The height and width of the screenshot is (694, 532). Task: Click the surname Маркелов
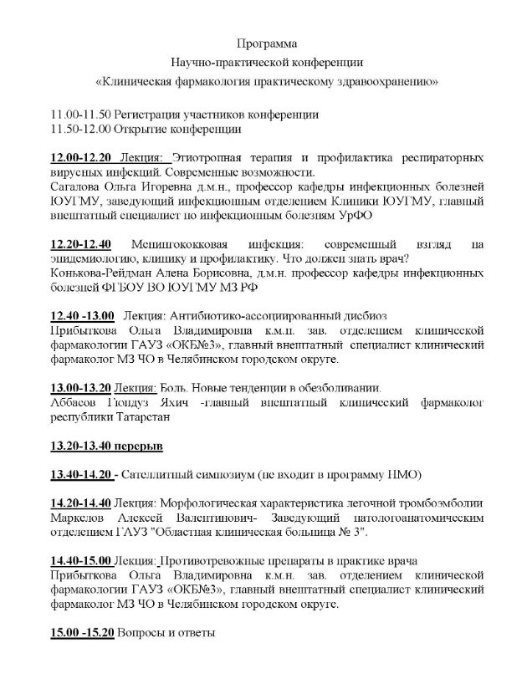(x=77, y=518)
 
